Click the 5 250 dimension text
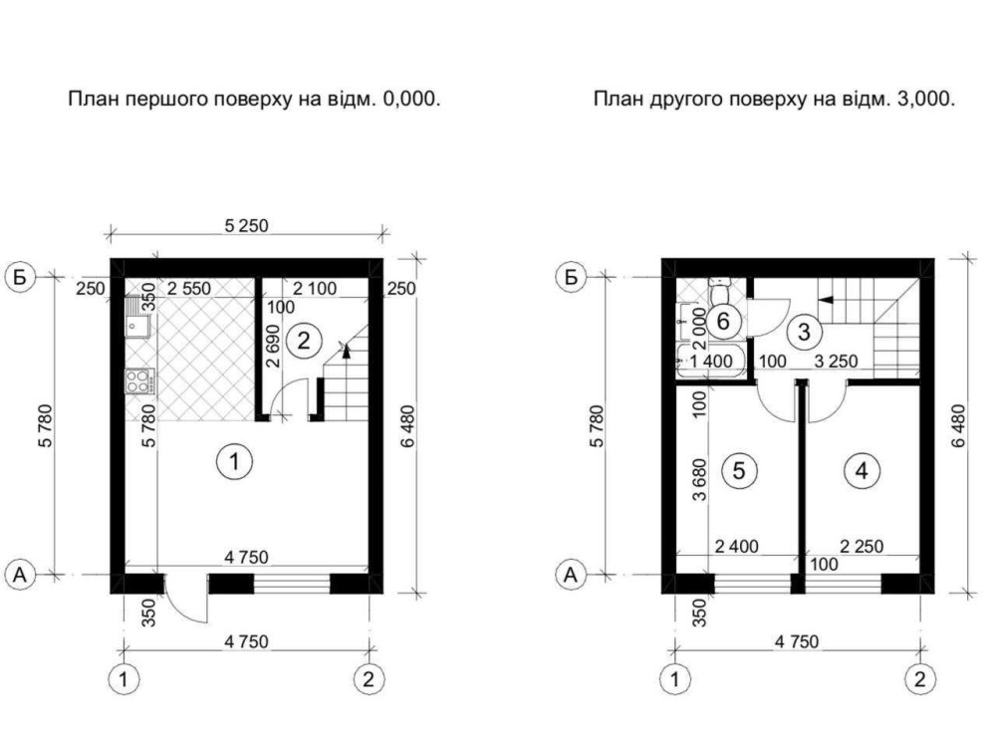pyautogui.click(x=246, y=225)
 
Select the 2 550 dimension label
pyautogui.click(x=188, y=289)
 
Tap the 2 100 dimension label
pyautogui.click(x=315, y=289)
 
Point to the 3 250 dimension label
pyautogui.click(x=836, y=362)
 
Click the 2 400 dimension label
pyautogui.click(x=737, y=546)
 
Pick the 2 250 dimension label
pyautogui.click(x=862, y=546)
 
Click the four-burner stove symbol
pyautogui.click(x=139, y=381)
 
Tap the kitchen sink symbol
pyautogui.click(x=137, y=321)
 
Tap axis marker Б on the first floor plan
pyautogui.click(x=21, y=278)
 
